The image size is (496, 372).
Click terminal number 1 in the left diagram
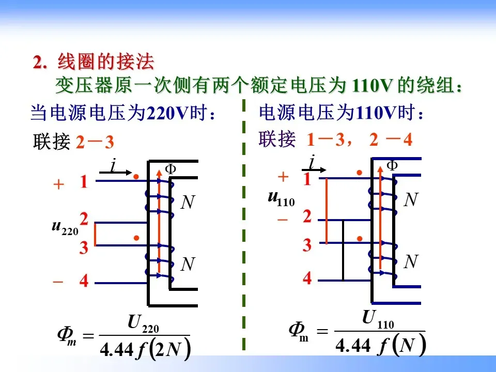[x=84, y=182]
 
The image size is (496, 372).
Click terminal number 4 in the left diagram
[x=84, y=282]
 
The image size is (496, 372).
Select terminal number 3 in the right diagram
[x=307, y=245]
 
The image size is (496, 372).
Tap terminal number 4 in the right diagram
[x=307, y=278]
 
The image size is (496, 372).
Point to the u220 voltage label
[x=65, y=227]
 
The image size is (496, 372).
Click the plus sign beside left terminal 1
[x=59, y=184]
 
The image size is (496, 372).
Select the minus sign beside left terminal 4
[x=58, y=282]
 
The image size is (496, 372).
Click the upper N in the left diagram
[x=188, y=203]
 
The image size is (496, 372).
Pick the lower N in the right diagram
[x=411, y=262]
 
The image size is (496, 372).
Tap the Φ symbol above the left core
[x=171, y=168]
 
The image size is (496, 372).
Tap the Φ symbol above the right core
[x=393, y=165]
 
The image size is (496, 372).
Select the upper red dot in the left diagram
[x=136, y=177]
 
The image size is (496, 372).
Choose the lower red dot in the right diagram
[x=360, y=238]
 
